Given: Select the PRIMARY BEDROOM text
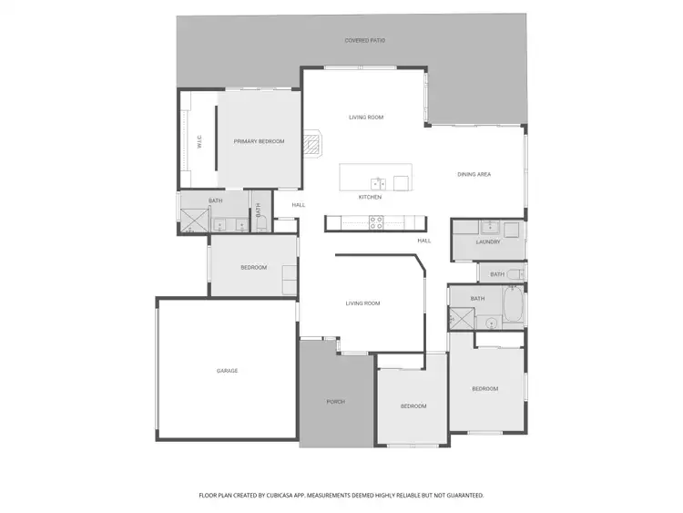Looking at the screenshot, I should pos(259,141).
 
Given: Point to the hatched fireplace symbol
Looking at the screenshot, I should pos(312,144).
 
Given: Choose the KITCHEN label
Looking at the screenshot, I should pos(370,197).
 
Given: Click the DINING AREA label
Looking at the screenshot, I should pos(474,174).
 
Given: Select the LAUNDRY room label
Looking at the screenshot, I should pos(488,241).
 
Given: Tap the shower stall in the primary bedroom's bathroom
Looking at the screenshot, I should pos(194,221).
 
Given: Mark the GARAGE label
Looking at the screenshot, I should pos(227,370).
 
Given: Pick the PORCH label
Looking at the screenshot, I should pos(336,401).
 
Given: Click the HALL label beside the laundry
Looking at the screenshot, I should pos(424,241).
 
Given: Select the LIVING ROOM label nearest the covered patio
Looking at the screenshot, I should pos(366,118).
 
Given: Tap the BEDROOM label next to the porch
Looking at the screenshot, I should pos(413,405).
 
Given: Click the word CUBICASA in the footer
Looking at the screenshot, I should pos(286,496).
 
